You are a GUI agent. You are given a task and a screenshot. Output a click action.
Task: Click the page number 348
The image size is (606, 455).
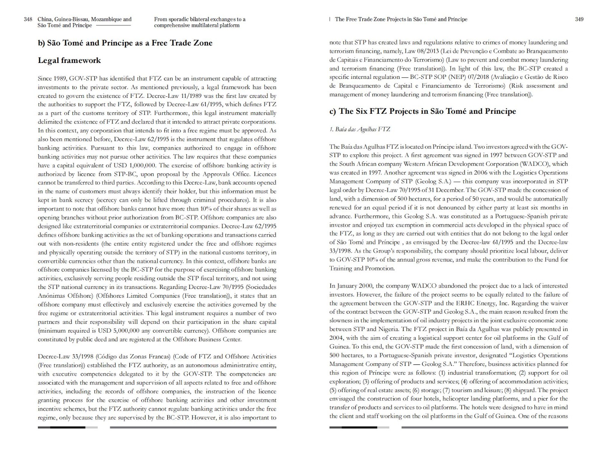28,19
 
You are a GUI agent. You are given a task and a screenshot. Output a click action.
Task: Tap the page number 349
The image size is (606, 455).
579,19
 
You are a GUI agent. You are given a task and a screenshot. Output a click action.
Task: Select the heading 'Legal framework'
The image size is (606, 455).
69,60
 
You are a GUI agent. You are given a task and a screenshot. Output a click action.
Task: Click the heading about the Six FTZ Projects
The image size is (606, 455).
422,111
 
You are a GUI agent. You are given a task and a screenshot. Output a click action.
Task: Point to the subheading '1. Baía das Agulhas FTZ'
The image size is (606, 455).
359,129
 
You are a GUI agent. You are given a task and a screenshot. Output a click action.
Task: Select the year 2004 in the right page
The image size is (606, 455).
336,338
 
